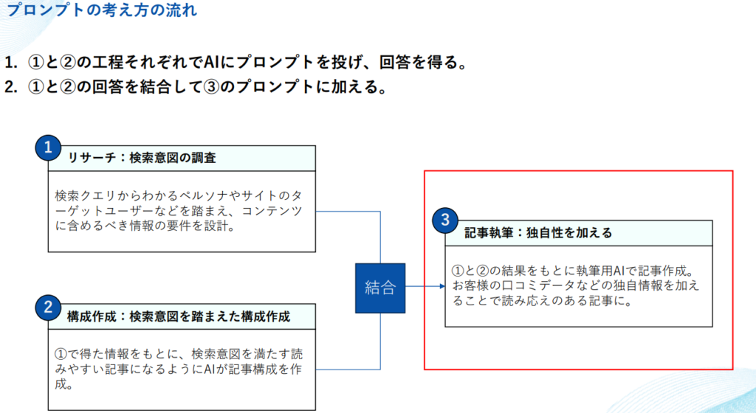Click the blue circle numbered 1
[48, 147]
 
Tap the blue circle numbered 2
[48, 307]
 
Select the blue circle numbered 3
[444, 219]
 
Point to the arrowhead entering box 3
[440, 287]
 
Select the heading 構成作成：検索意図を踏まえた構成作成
[178, 316]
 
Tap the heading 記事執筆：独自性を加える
[538, 233]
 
